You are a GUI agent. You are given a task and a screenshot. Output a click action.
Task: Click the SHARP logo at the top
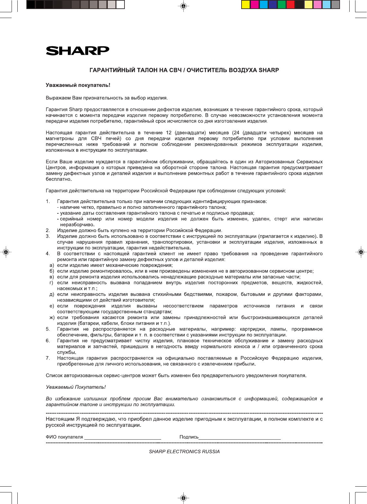coord(78,51)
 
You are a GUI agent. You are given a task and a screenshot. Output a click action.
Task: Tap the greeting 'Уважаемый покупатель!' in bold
coord(78,85)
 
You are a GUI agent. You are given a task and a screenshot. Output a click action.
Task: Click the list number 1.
coord(48,201)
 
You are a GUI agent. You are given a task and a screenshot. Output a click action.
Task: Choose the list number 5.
coord(48,329)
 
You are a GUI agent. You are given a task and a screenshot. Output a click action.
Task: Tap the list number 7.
coord(48,358)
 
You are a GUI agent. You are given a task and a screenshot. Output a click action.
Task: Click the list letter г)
coord(51,283)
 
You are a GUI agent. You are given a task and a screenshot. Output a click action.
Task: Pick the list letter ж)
coord(51,317)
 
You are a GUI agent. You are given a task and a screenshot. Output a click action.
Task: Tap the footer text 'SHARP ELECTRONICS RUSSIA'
coord(184,452)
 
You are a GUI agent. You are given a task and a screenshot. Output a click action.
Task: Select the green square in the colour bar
coord(282,5)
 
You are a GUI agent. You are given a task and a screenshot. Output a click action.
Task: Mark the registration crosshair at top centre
coord(183,6)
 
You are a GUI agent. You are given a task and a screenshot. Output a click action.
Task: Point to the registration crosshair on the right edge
coord(361,252)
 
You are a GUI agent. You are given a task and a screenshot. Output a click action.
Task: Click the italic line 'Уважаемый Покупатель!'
coord(76,387)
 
